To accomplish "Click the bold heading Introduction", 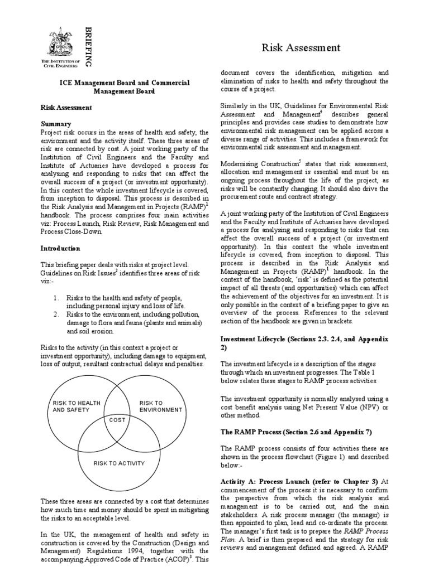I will (60, 248).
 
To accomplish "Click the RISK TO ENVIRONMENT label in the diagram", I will (160, 405).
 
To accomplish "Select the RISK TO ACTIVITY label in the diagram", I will (119, 463).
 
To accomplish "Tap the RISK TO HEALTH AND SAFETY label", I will (76, 405).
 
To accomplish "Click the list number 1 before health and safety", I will (56, 298).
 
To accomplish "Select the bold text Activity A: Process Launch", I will (271, 481).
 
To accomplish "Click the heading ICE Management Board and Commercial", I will (125, 83).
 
